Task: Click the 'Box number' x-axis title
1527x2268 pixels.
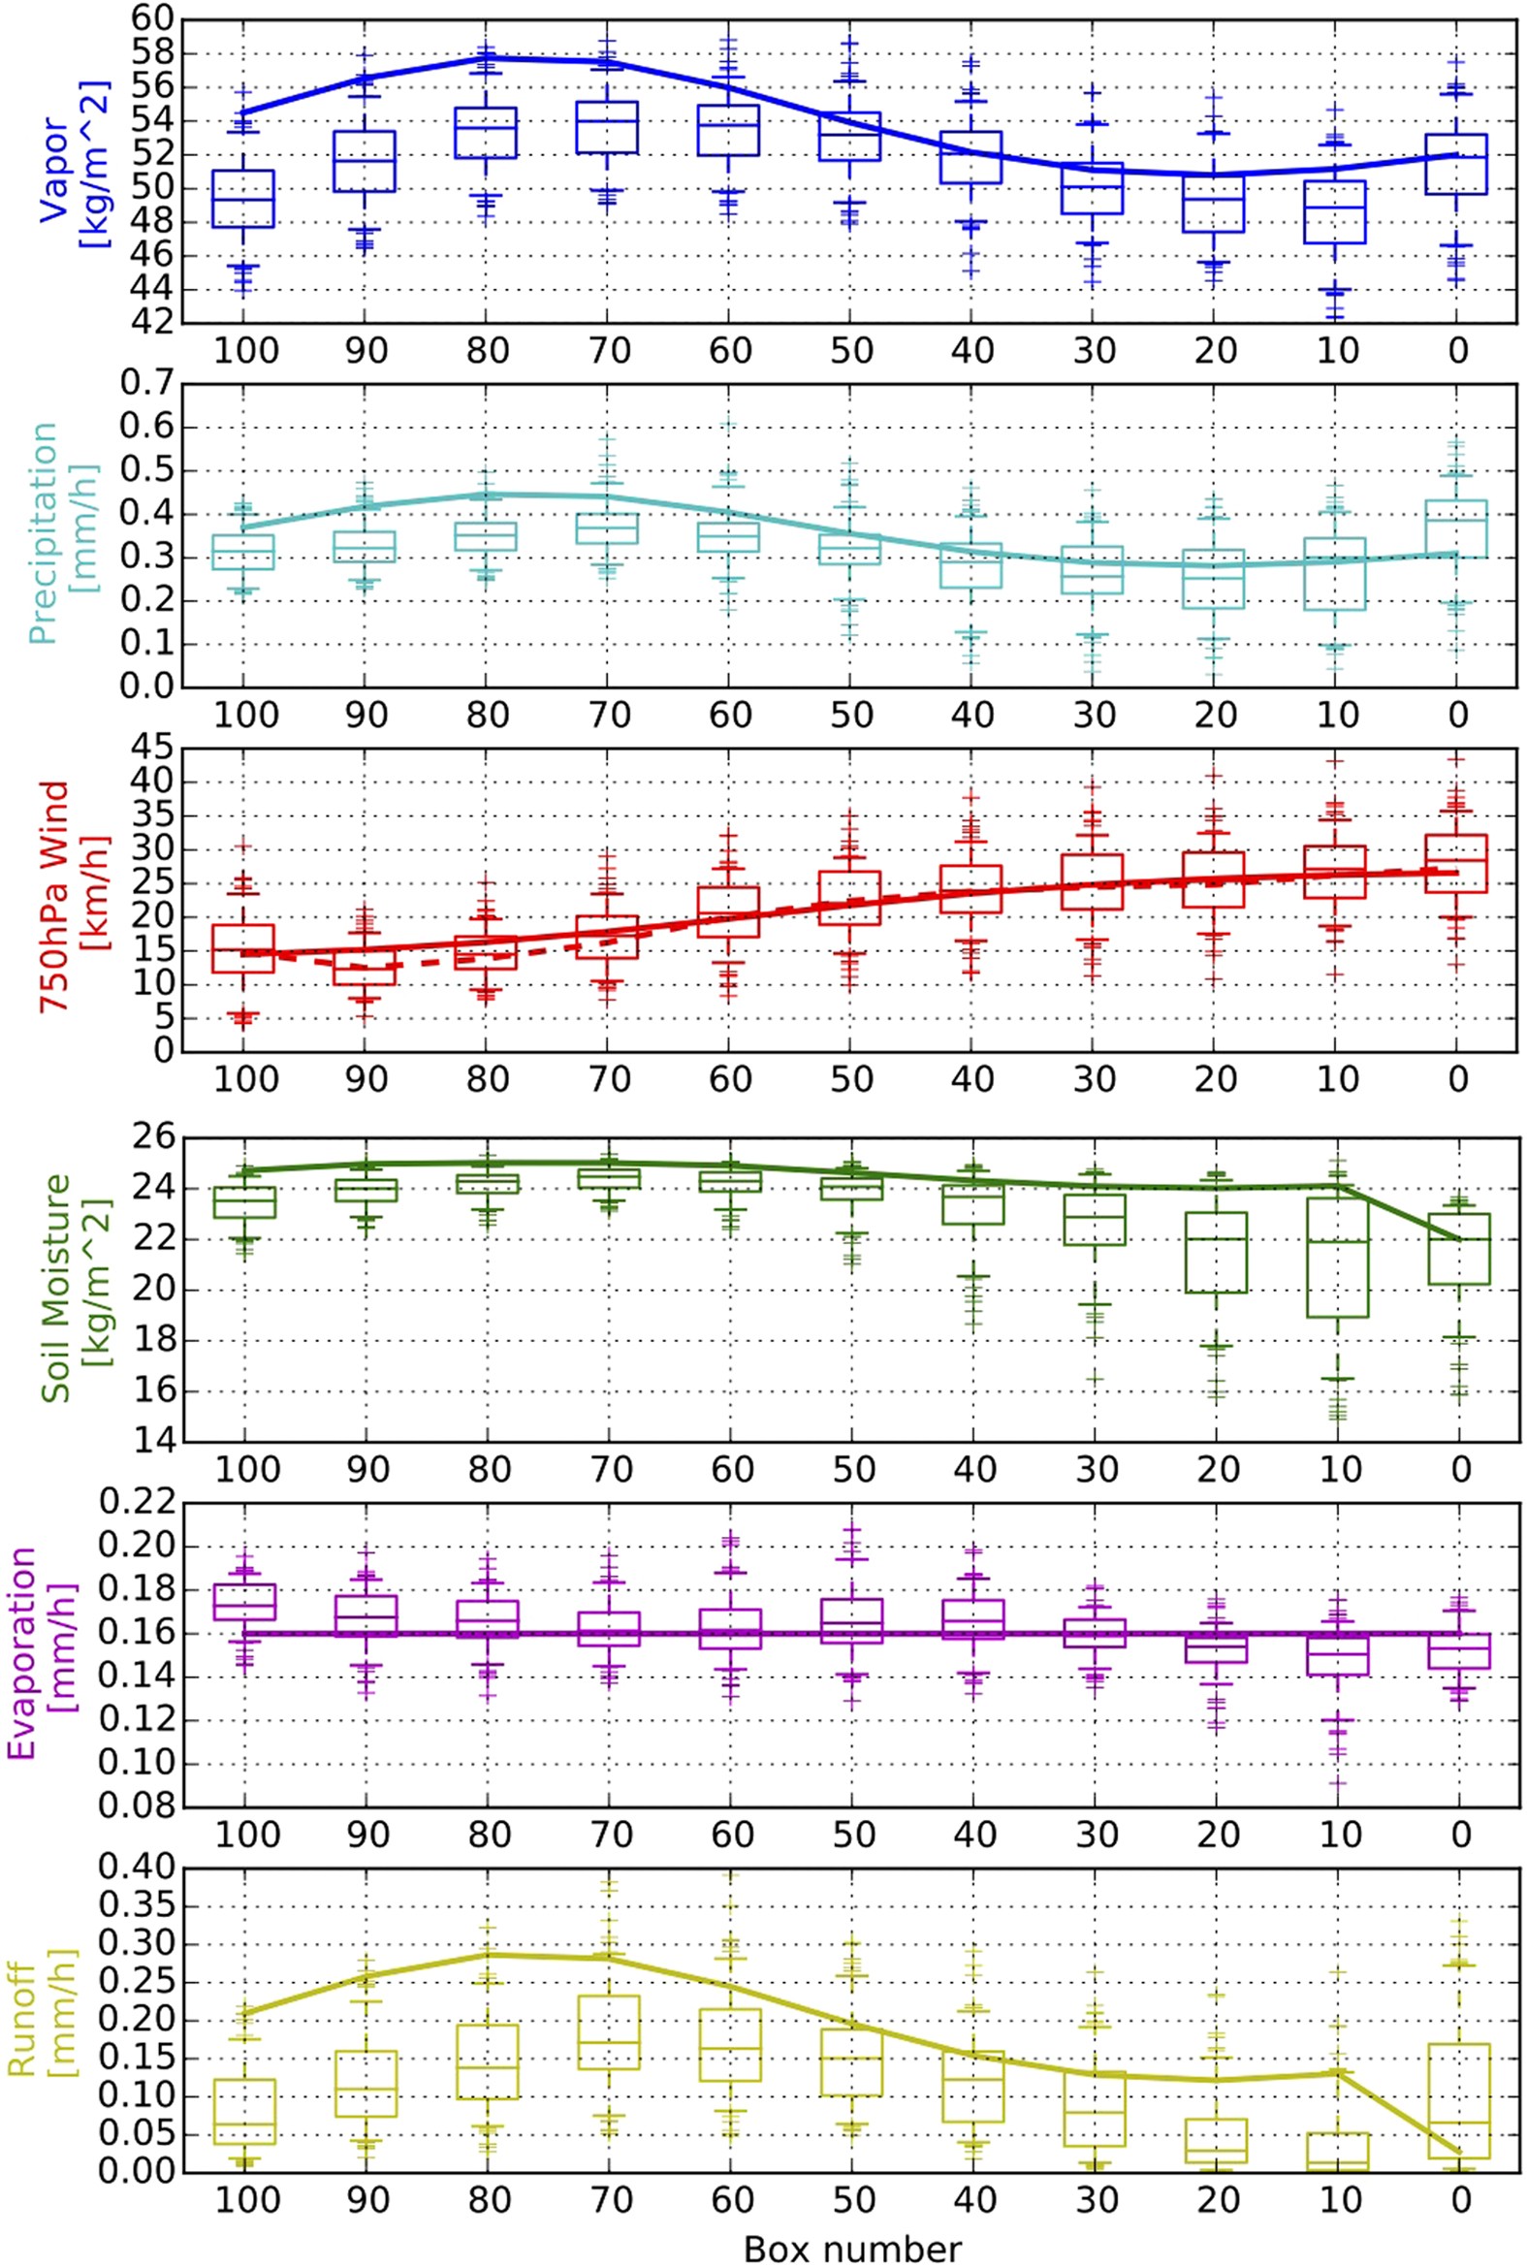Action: [x=852, y=2242]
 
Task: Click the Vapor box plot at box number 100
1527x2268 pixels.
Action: [x=243, y=199]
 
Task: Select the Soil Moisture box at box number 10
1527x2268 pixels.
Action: [x=1336, y=1258]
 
